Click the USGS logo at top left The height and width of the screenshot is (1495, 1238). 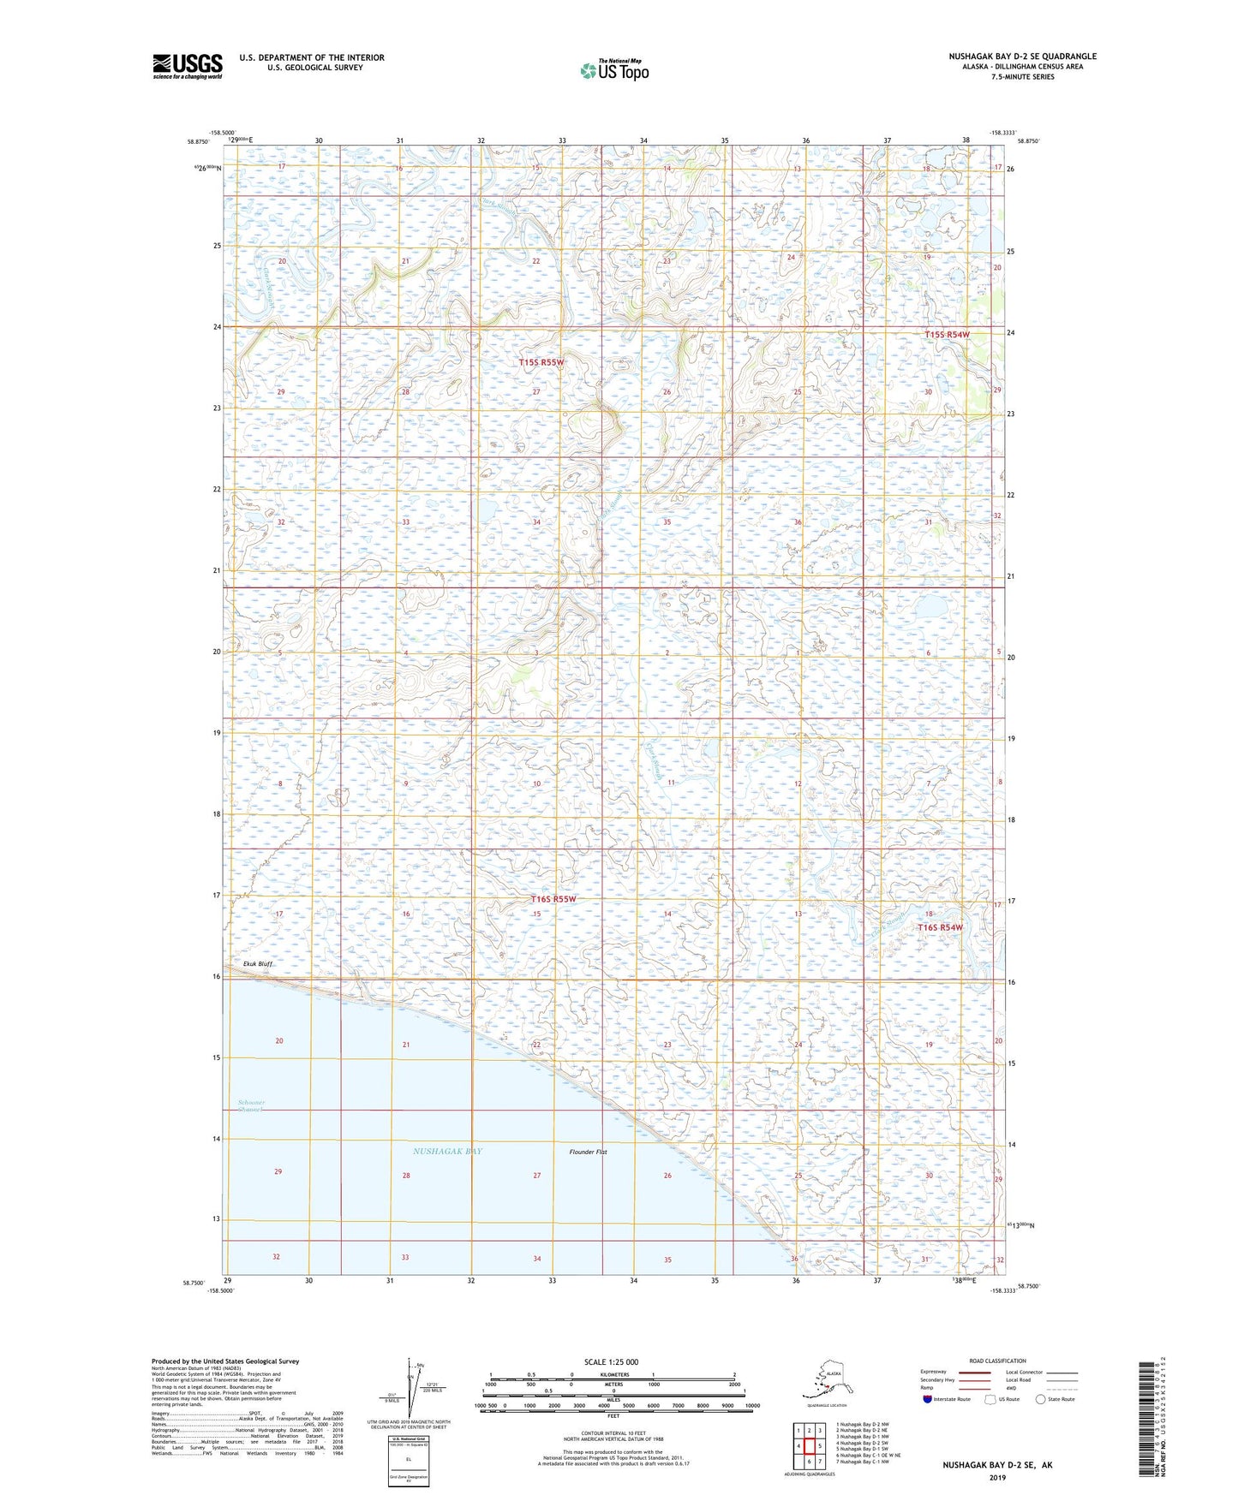point(187,66)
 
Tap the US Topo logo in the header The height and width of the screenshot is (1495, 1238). point(613,70)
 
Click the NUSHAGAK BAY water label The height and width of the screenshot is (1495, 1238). point(447,1151)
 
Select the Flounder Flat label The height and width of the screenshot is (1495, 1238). point(588,1152)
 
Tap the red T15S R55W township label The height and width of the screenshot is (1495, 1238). point(541,362)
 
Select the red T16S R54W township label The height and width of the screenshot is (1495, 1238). point(940,927)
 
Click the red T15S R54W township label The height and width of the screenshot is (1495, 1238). point(947,334)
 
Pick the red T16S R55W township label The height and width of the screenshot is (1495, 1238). point(553,899)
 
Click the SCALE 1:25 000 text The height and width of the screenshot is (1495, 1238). point(611,1361)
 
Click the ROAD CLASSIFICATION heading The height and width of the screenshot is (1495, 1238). point(997,1361)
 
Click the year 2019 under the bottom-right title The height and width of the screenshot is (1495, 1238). point(997,1477)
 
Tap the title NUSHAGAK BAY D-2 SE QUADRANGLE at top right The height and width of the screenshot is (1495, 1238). point(1021,57)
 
